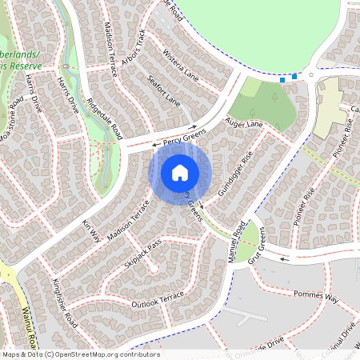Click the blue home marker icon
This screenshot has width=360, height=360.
click(x=180, y=172)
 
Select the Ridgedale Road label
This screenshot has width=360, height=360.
click(x=104, y=118)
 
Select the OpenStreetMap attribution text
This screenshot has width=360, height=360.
click(x=80, y=354)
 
